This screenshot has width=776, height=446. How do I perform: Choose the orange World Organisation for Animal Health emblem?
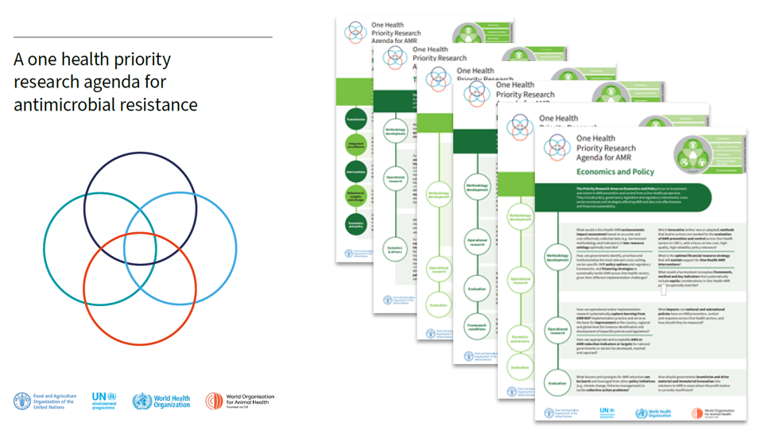(x=214, y=401)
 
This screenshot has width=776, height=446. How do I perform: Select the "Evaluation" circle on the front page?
(x=556, y=382)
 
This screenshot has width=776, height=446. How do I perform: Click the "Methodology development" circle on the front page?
(x=556, y=257)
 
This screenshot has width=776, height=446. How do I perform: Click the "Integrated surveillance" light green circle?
(x=351, y=145)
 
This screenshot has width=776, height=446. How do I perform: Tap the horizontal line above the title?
(x=142, y=37)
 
